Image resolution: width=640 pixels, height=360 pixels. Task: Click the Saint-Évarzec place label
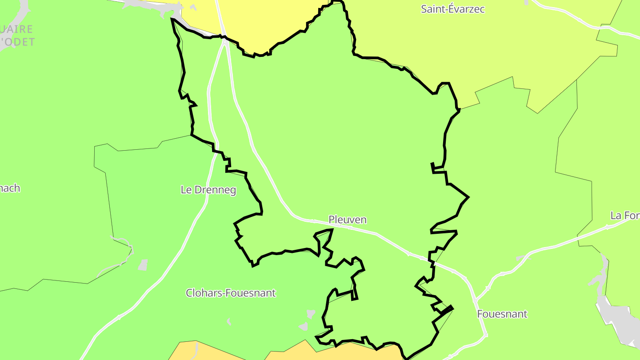452,9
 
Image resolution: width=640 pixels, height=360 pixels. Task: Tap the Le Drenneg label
208,190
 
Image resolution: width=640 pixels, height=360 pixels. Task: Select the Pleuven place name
348,220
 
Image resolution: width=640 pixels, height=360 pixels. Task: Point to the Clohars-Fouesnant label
231,293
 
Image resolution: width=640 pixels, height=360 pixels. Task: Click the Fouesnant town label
502,314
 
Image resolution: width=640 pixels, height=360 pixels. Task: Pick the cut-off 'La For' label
625,216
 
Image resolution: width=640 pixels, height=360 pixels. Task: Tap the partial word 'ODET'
18,42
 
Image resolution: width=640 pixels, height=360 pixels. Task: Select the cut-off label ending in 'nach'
10,188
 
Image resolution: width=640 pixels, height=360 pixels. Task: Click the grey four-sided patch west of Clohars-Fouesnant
143,265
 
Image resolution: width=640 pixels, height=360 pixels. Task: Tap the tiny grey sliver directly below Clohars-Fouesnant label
229,321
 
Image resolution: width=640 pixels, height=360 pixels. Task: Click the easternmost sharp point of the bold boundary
468,197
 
